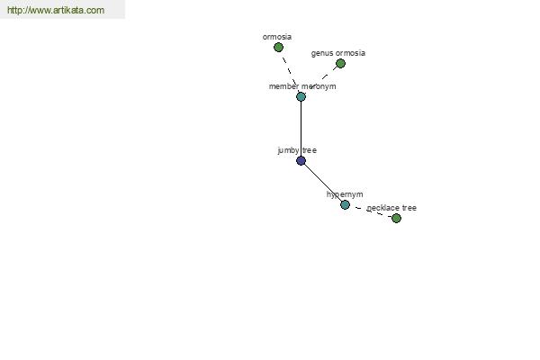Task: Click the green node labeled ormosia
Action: (278, 47)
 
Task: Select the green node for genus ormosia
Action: (340, 63)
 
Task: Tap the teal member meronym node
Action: (301, 96)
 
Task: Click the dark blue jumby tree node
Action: (301, 160)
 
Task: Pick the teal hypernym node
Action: (345, 204)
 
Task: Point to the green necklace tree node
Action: (396, 218)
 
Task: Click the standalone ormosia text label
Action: (277, 37)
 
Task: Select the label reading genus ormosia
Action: (338, 53)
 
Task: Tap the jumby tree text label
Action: (297, 150)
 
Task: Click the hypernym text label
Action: (345, 194)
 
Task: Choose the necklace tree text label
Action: (391, 208)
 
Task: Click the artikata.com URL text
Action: (56, 10)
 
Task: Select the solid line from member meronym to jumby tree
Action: (301, 129)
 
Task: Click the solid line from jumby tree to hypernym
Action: (323, 183)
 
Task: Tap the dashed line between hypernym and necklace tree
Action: (371, 211)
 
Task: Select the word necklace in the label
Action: (382, 208)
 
